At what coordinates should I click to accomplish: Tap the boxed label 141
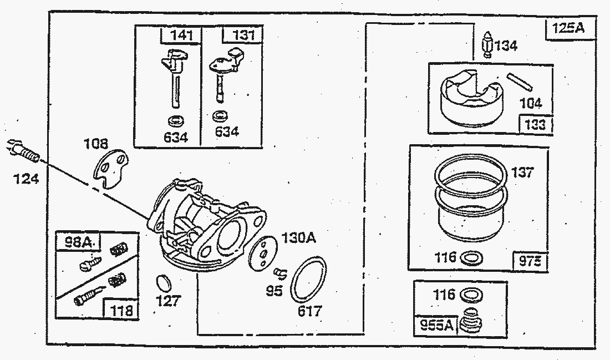(182, 36)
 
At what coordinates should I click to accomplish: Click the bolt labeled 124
(24, 151)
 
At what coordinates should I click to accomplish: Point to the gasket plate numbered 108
(110, 170)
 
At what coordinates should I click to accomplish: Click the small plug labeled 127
(162, 283)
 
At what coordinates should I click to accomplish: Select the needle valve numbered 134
(487, 45)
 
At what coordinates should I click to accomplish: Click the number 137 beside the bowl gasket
(522, 173)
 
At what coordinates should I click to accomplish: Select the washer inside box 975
(472, 257)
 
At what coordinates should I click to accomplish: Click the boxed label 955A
(434, 326)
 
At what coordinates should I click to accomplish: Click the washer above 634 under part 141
(176, 120)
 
